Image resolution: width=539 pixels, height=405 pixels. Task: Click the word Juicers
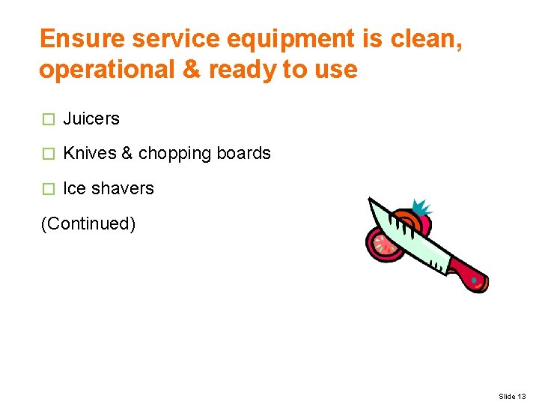pyautogui.click(x=91, y=118)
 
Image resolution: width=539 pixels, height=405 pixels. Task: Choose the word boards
pyautogui.click(x=243, y=154)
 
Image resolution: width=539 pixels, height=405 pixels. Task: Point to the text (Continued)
pyautogui.click(x=88, y=223)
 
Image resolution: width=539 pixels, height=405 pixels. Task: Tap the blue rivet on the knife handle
pyautogui.click(x=474, y=281)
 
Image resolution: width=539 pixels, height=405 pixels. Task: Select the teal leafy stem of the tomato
pyautogui.click(x=423, y=207)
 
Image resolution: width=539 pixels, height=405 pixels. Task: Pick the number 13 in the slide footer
pyautogui.click(x=522, y=396)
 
